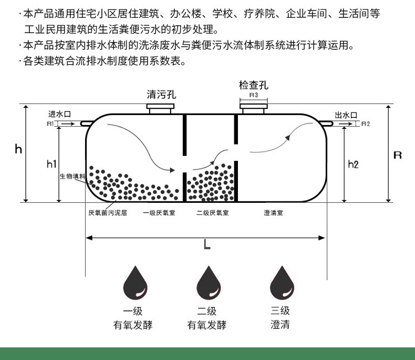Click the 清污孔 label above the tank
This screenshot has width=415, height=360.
point(161,95)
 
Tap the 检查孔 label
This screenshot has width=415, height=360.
point(253,85)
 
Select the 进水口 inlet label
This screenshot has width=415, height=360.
point(59,114)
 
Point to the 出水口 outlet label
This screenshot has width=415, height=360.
point(346,115)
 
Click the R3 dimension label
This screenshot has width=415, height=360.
point(253,95)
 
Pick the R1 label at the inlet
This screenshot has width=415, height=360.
point(50,124)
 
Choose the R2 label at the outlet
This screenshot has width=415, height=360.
point(366,124)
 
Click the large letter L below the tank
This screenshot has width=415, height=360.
point(207,245)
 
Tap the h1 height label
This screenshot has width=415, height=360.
point(51,164)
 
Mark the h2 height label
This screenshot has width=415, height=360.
point(353,164)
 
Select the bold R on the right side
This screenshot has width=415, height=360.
point(398,155)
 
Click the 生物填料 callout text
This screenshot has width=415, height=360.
point(71,177)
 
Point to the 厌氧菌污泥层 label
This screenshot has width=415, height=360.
point(108,213)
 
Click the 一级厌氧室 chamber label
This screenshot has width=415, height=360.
point(159,213)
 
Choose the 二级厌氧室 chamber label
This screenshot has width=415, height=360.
point(212,213)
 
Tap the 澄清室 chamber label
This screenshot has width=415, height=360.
point(274,213)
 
